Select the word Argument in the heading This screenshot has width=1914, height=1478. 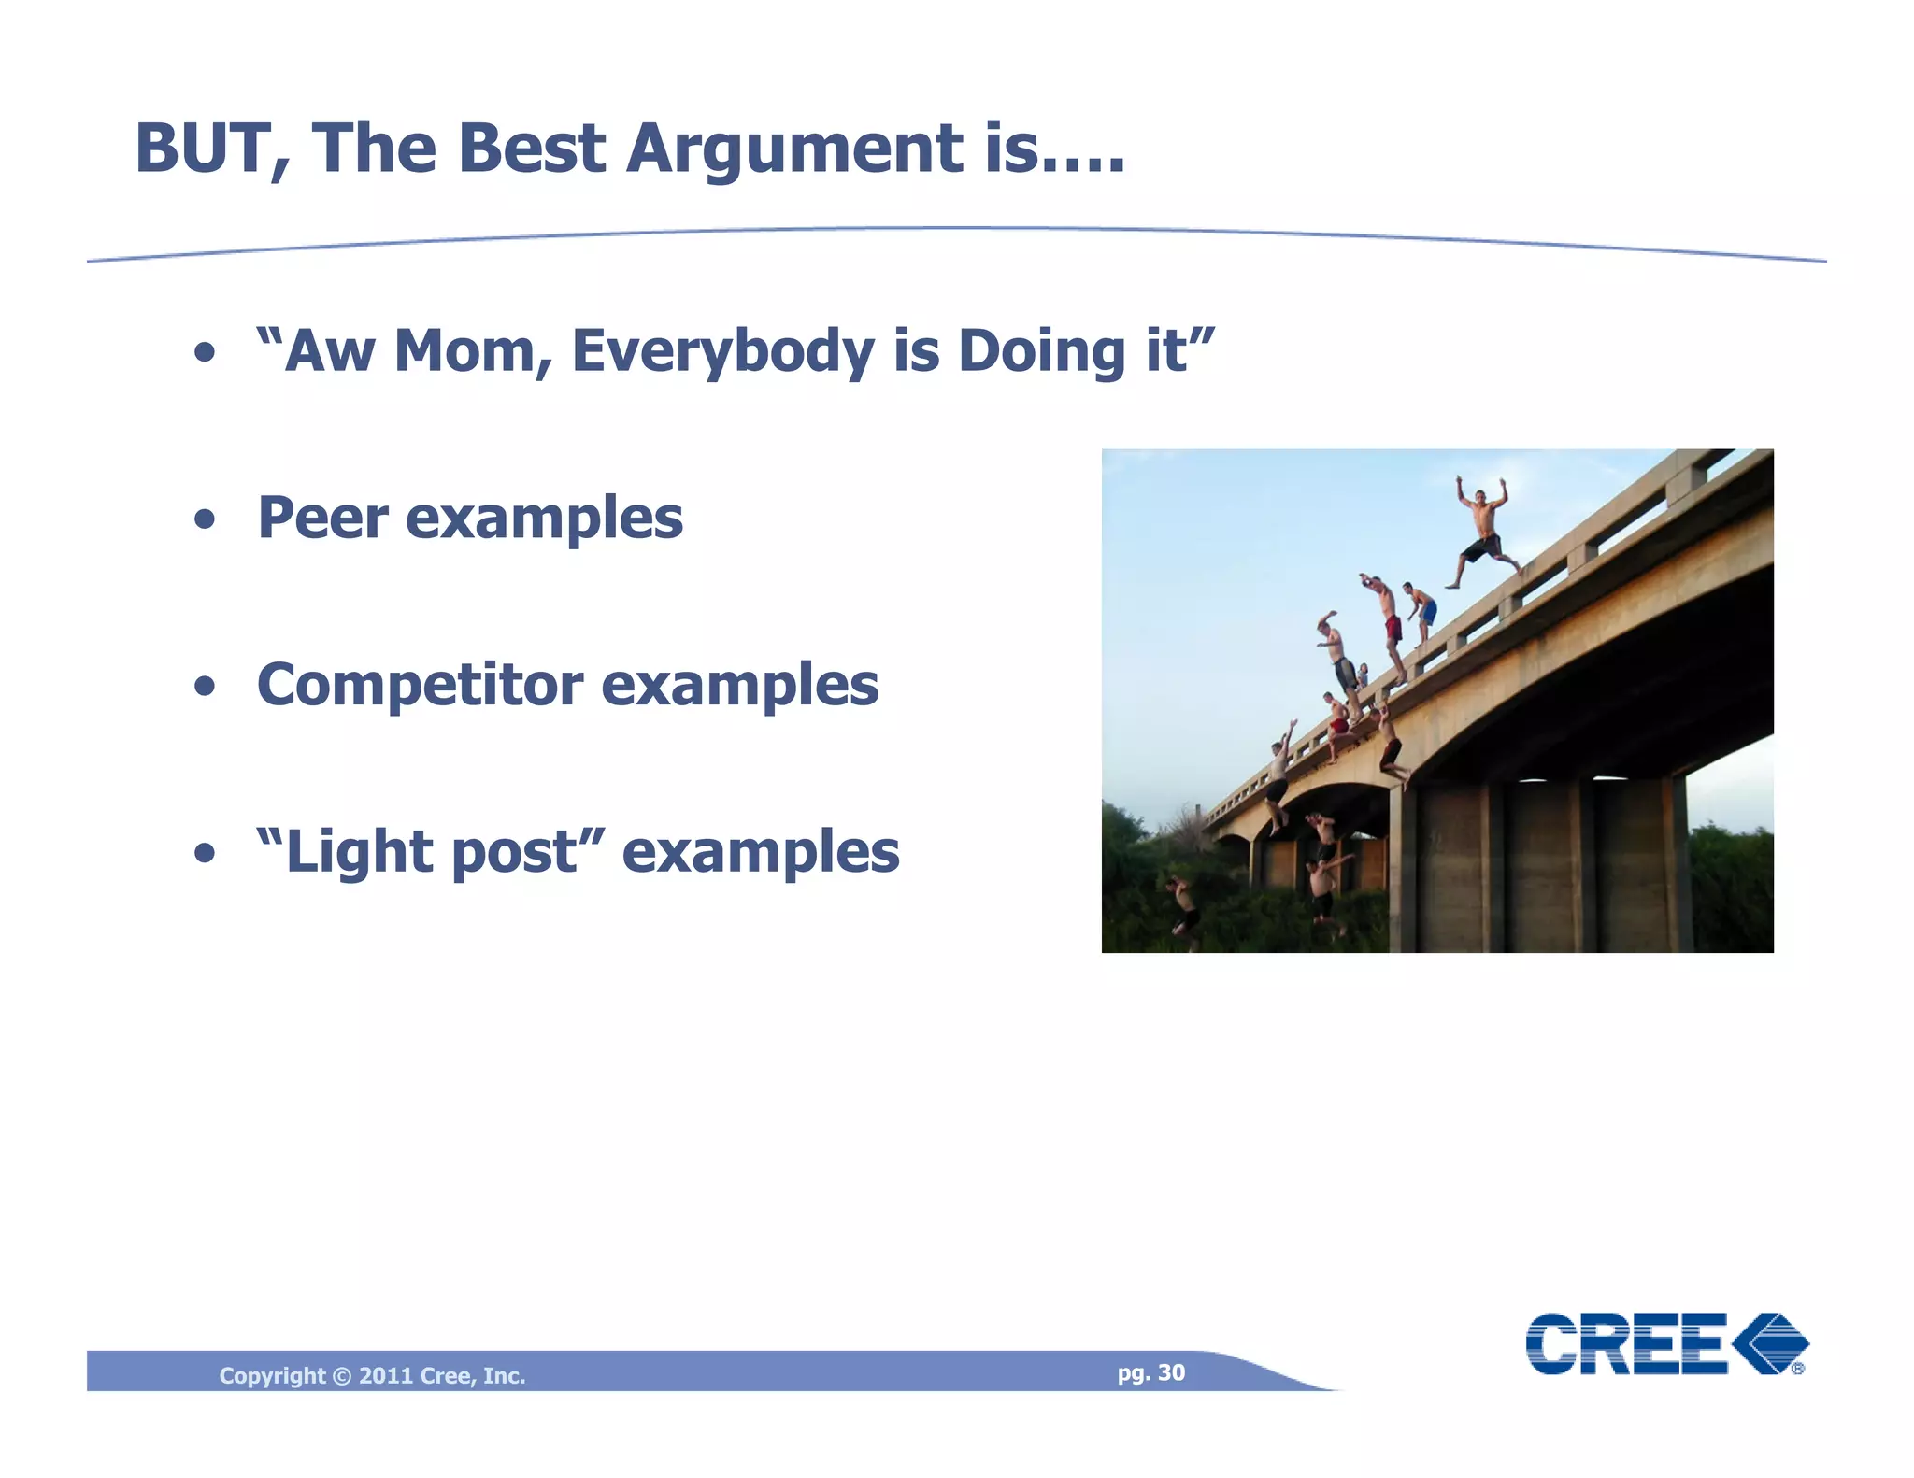pos(794,149)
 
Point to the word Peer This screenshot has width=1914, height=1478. pos(321,518)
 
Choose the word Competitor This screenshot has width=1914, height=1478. pos(420,685)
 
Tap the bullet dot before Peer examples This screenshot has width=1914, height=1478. pos(205,520)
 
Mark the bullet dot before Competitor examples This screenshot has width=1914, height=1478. pos(205,688)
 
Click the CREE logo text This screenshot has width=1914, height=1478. pos(1626,1344)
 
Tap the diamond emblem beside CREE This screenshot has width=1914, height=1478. pos(1770,1343)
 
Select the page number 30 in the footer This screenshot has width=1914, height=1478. pos(1171,1372)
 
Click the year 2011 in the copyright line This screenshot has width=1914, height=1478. pos(386,1375)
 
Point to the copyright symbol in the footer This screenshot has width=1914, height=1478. pos(341,1376)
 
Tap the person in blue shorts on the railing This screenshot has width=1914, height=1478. pos(1422,612)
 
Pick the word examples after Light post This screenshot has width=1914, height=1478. pos(760,853)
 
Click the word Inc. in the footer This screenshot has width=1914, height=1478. pos(504,1375)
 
